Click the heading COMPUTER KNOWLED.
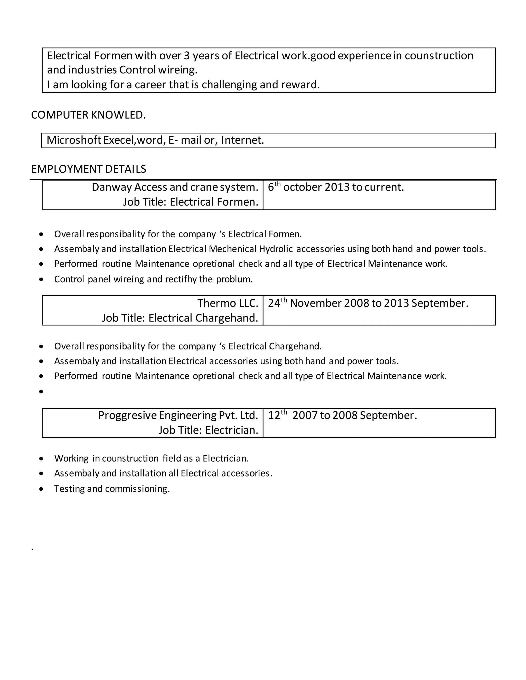click(88, 115)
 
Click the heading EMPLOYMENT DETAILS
click(89, 169)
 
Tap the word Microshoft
click(74, 140)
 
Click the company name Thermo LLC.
click(228, 303)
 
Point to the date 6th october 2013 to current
click(336, 187)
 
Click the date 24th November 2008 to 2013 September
click(368, 303)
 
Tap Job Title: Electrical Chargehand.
click(180, 318)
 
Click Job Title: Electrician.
click(208, 430)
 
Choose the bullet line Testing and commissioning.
click(112, 489)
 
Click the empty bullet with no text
click(41, 391)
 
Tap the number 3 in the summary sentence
click(187, 56)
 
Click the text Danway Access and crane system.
click(175, 187)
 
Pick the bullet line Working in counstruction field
click(152, 458)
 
